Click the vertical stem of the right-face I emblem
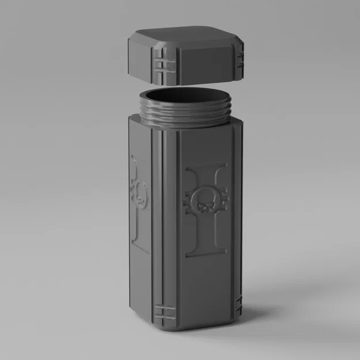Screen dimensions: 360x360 (206, 230)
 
